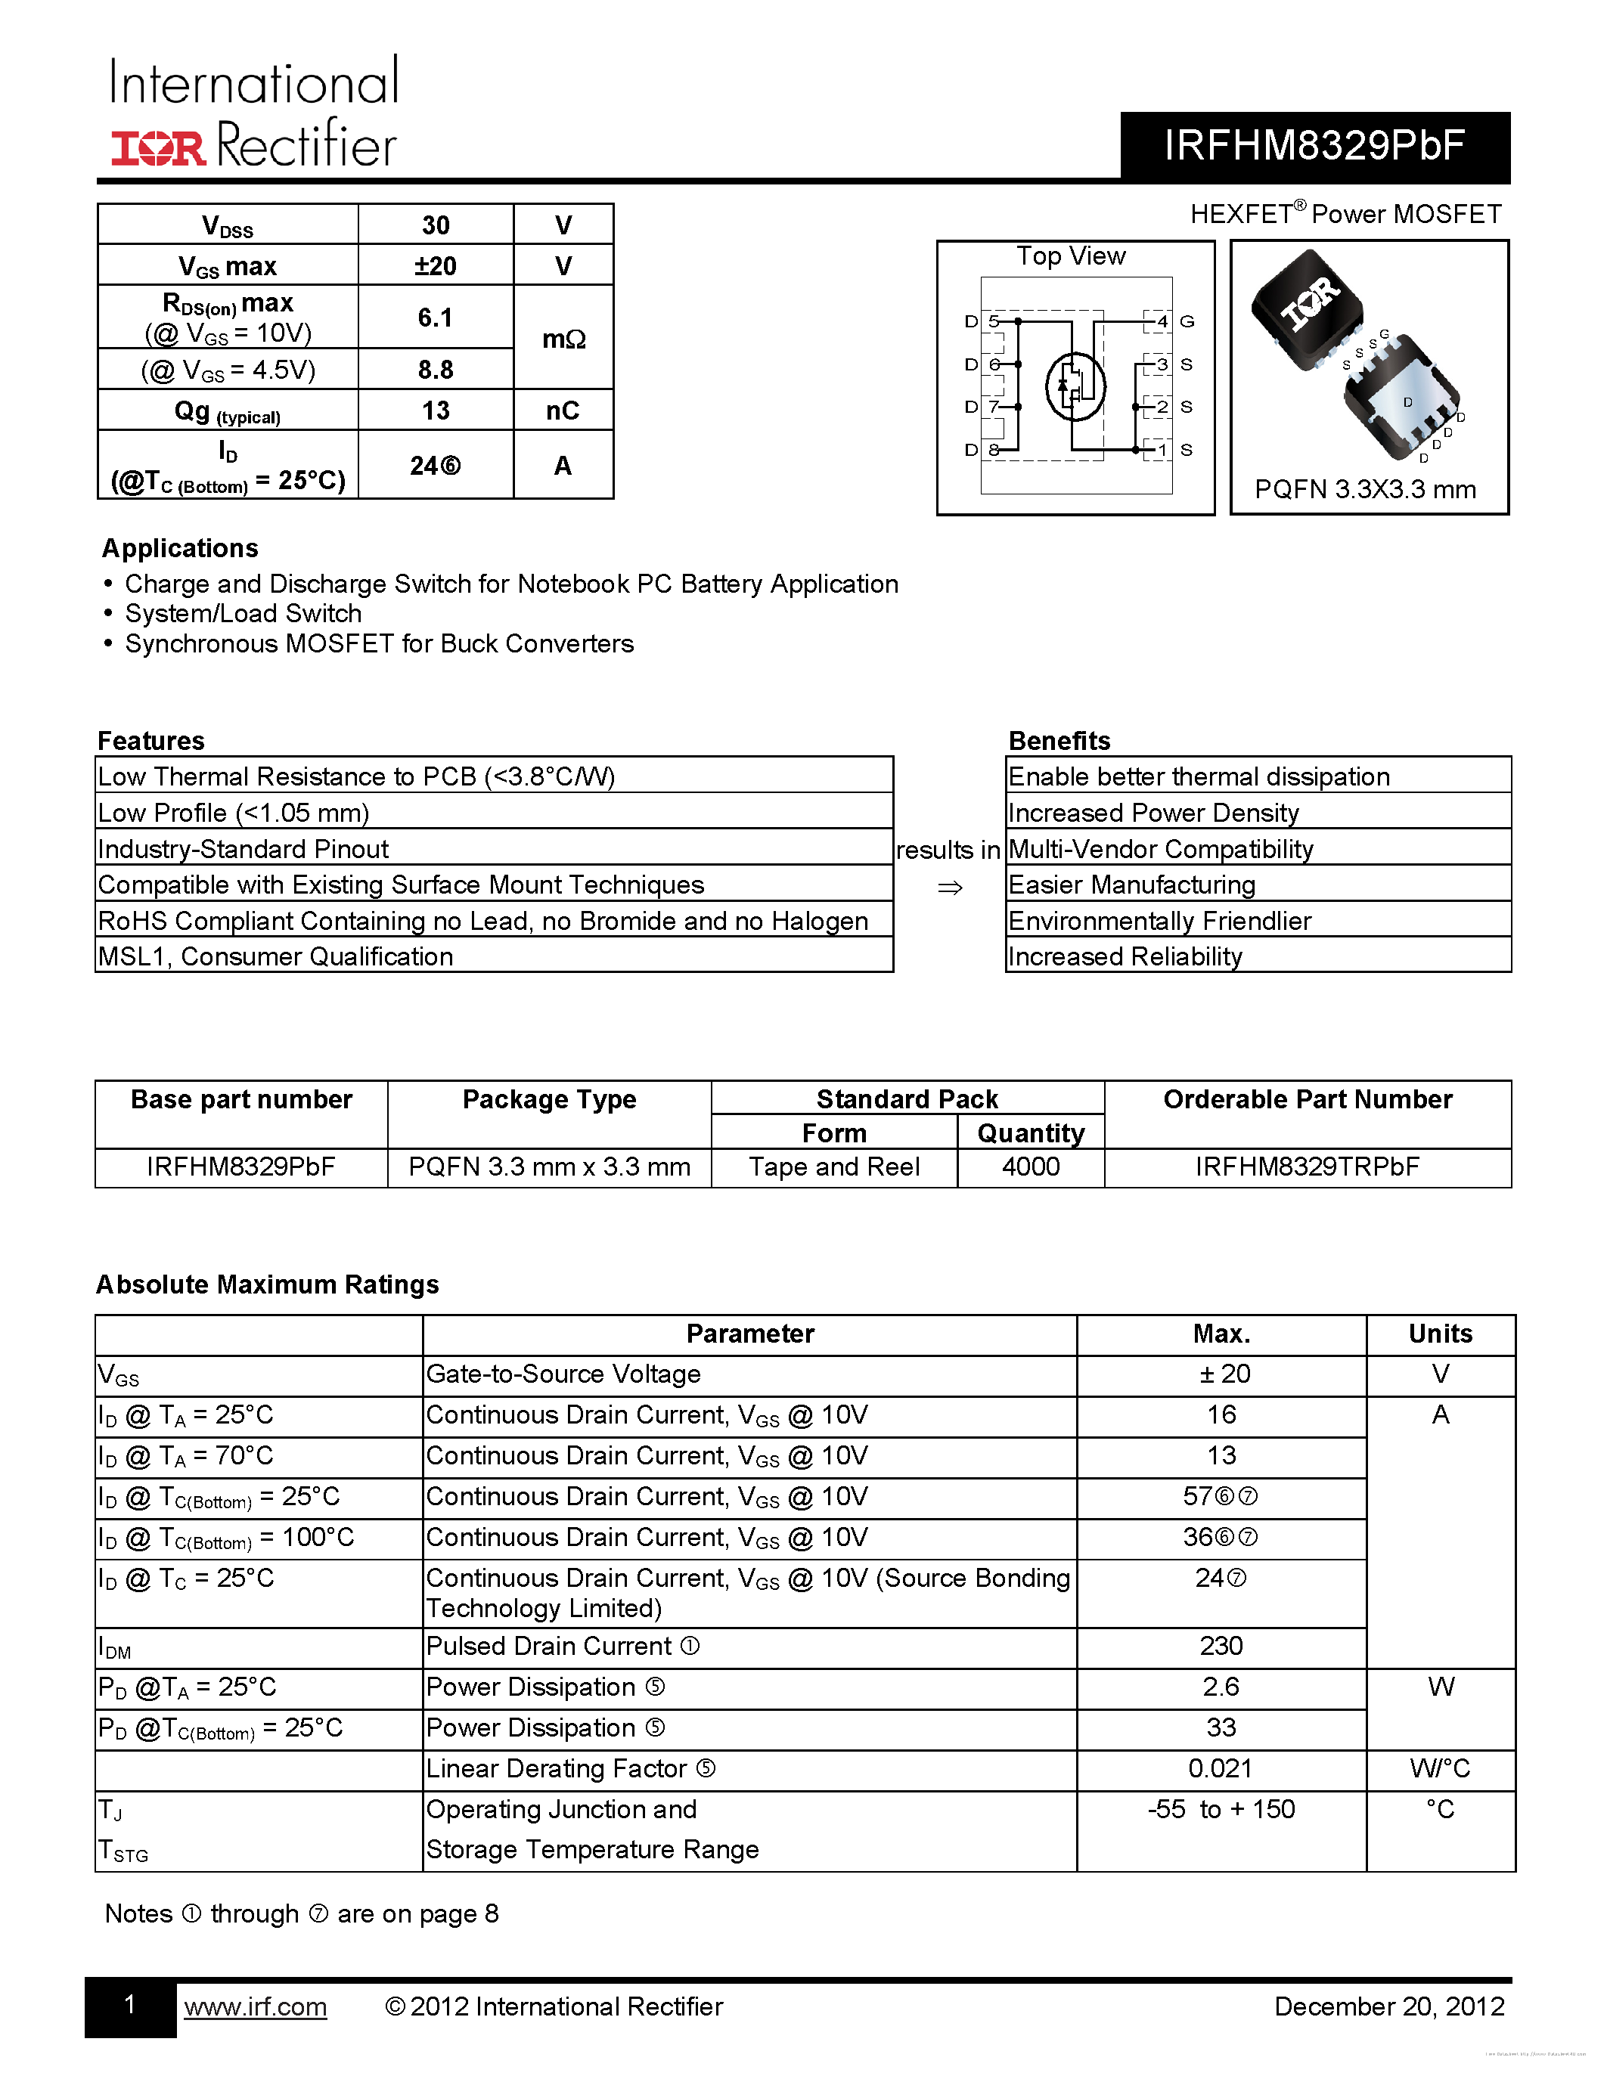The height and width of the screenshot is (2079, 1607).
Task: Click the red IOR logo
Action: (x=158, y=148)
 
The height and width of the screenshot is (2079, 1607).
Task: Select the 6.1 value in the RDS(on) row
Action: (x=435, y=317)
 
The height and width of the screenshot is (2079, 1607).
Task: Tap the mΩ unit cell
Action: (x=563, y=339)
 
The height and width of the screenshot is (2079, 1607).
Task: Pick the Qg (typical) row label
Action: (x=227, y=411)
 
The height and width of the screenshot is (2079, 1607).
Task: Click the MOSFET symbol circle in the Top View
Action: (x=1075, y=386)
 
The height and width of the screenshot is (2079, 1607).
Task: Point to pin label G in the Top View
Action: (x=1187, y=322)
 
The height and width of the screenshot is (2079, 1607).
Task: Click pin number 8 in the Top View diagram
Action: (x=994, y=449)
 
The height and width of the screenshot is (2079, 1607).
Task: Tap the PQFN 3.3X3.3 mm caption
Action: (x=1365, y=489)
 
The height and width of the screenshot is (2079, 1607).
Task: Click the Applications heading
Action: (x=180, y=548)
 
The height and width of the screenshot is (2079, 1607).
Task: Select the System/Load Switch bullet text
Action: (x=243, y=614)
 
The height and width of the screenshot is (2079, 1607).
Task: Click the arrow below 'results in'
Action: (x=949, y=888)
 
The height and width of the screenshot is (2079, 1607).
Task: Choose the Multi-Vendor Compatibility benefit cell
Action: (x=1161, y=849)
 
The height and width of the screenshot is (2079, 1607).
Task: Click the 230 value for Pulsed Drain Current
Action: (x=1221, y=1646)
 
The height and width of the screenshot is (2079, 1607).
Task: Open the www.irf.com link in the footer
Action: (x=255, y=2006)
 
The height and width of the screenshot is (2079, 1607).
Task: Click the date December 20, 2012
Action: (x=1389, y=2006)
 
